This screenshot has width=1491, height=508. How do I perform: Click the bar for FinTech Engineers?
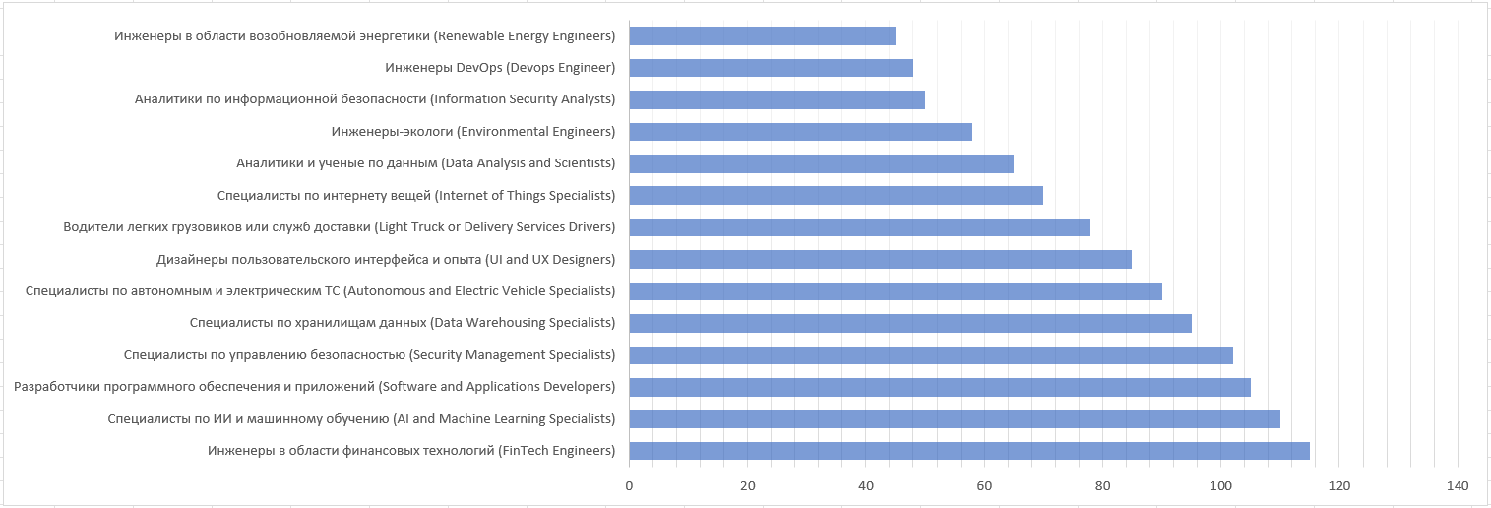(x=969, y=451)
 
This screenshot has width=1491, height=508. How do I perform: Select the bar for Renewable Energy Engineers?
(x=762, y=36)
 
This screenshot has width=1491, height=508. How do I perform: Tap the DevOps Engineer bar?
(x=771, y=68)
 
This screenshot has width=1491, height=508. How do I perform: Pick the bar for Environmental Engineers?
(x=800, y=132)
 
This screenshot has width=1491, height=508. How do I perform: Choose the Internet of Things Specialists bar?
(x=836, y=195)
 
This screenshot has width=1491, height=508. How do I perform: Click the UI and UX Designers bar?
(x=880, y=260)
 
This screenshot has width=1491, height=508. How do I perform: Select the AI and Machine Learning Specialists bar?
(x=955, y=419)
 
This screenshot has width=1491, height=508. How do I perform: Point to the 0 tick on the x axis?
(x=629, y=485)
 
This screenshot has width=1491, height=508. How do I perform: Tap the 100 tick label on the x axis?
(x=1220, y=485)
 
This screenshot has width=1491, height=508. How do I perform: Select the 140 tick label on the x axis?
(x=1458, y=485)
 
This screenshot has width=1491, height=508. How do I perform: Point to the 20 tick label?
(x=748, y=485)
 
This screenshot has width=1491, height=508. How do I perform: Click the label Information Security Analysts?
(x=375, y=99)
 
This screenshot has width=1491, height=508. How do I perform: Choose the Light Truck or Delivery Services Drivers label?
(x=339, y=227)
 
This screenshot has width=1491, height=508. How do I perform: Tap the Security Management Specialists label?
(x=369, y=354)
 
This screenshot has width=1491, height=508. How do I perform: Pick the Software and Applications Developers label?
(x=314, y=387)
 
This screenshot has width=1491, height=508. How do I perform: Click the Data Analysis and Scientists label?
(x=425, y=163)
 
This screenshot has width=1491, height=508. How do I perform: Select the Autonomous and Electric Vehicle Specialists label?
(x=320, y=291)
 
